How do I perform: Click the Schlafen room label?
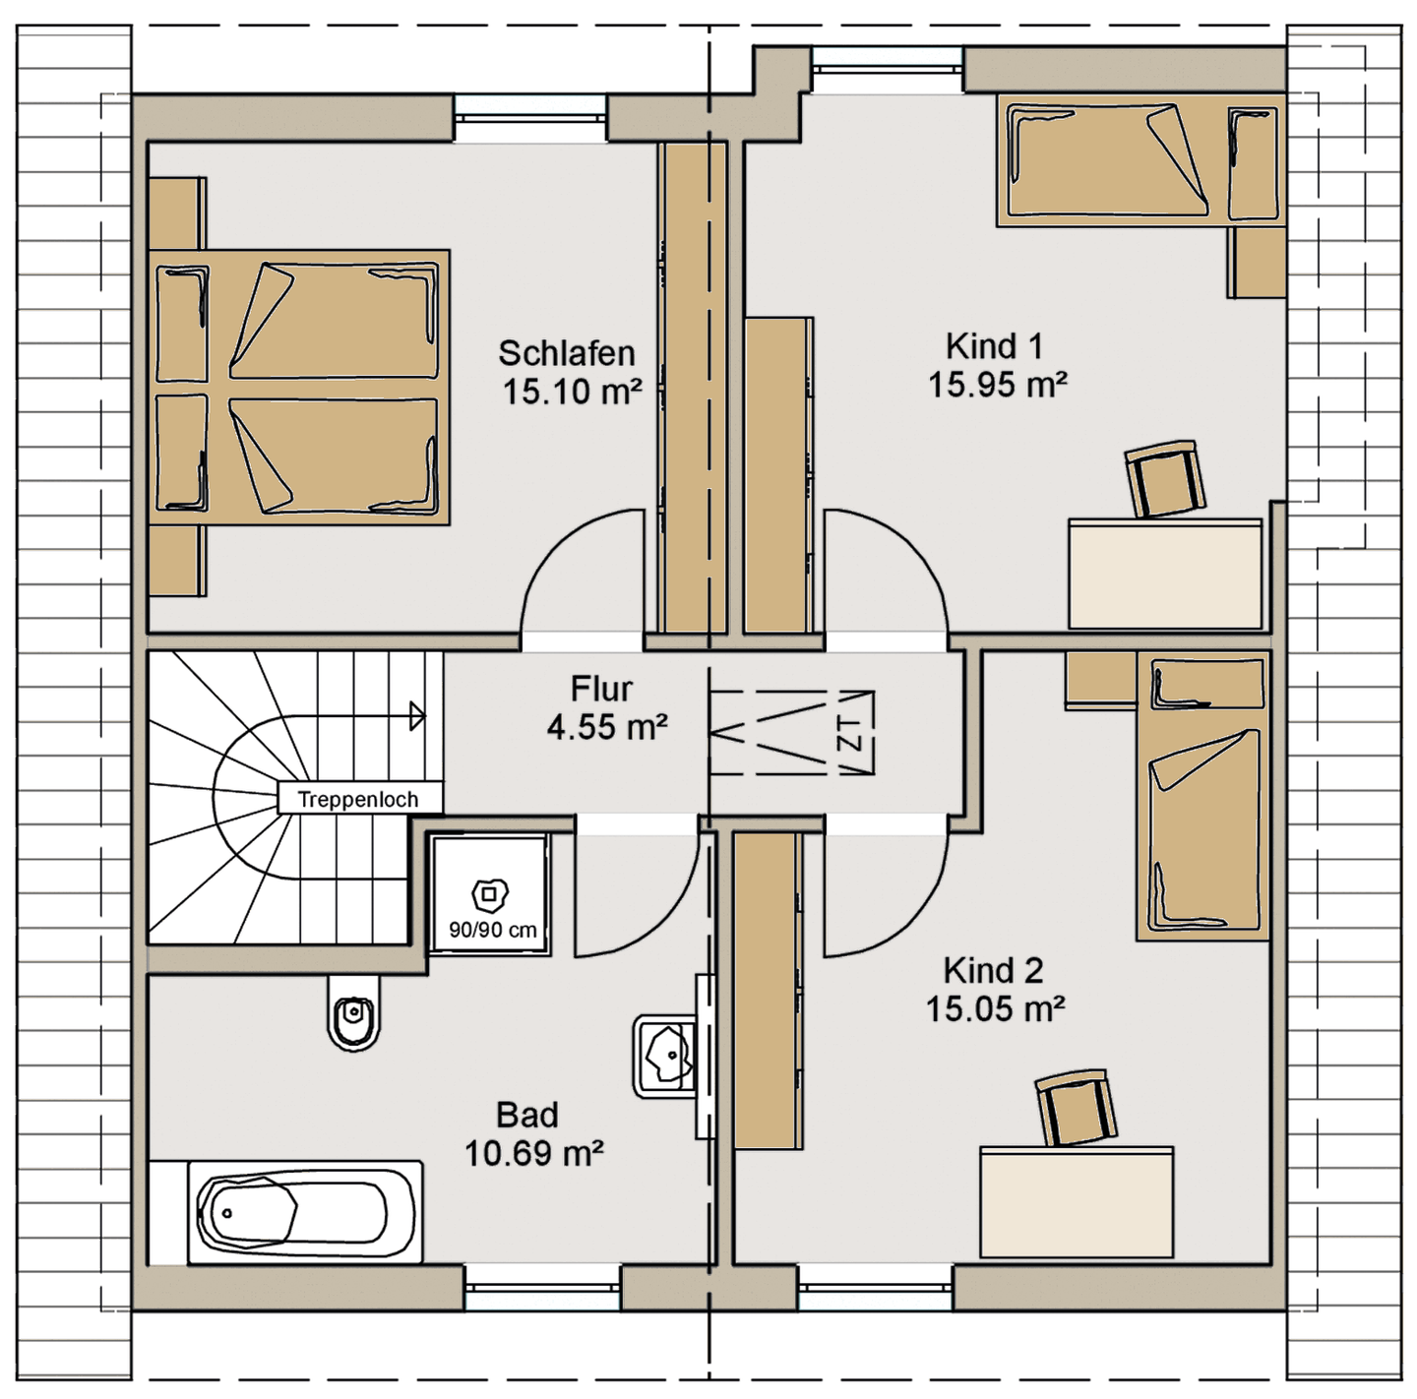tap(566, 354)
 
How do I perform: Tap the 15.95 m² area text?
tap(997, 385)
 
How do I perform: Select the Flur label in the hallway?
tap(601, 690)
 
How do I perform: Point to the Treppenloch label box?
tap(359, 799)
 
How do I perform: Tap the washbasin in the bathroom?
tap(665, 1057)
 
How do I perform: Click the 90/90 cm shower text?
tap(493, 930)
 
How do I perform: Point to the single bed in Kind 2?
tap(1203, 796)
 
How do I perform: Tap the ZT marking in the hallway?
tap(850, 733)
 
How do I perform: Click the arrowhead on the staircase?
tap(417, 715)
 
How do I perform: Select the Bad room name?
tap(527, 1115)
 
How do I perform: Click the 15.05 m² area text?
tap(995, 1008)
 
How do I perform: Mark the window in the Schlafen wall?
tap(531, 118)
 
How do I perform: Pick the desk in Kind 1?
tap(1165, 575)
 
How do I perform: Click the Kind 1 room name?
tap(994, 346)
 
